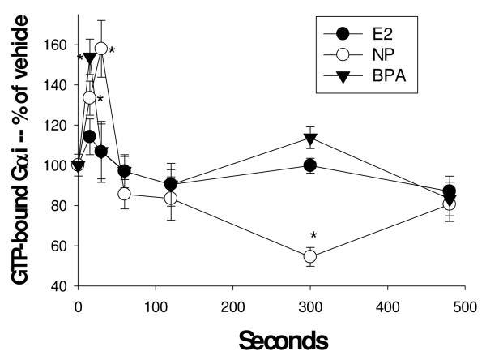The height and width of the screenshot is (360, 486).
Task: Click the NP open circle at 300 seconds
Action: click(x=309, y=256)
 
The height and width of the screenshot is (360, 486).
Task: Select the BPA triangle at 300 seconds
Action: click(x=309, y=139)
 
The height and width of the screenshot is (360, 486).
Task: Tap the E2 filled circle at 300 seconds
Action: click(x=309, y=165)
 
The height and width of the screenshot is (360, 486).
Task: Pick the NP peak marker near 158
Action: click(x=101, y=49)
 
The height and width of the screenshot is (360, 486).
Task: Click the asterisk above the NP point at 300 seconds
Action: click(x=313, y=237)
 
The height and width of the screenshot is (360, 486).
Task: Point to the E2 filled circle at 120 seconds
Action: click(x=171, y=184)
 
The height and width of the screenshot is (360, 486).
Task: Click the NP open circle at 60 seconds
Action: click(x=124, y=194)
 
